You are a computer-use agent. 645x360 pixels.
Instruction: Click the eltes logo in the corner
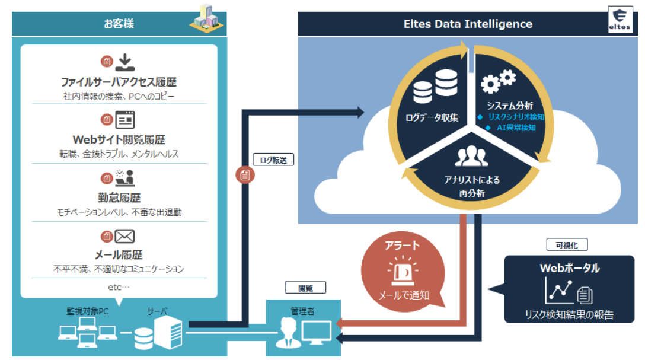pyautogui.click(x=620, y=20)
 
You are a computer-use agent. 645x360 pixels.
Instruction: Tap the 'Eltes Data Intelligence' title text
pyautogui.click(x=468, y=24)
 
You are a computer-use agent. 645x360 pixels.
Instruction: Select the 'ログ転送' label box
pyautogui.click(x=273, y=160)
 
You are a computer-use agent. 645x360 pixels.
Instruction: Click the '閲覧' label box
pyautogui.click(x=305, y=288)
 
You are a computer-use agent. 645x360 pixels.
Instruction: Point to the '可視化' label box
pyautogui.click(x=567, y=245)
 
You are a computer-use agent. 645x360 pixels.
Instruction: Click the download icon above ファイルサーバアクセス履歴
pyautogui.click(x=124, y=62)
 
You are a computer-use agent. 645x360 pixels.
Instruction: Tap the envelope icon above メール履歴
pyautogui.click(x=124, y=237)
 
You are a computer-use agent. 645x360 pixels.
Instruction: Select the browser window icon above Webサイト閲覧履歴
pyautogui.click(x=125, y=120)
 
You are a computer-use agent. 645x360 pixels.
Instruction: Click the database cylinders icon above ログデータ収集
pyautogui.click(x=435, y=87)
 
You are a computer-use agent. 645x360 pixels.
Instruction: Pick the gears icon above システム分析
pyautogui.click(x=498, y=81)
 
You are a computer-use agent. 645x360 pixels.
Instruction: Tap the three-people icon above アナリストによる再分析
pyautogui.click(x=472, y=156)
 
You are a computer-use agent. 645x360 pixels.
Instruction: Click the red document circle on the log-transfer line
pyautogui.click(x=245, y=175)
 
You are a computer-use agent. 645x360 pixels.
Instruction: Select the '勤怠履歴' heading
pyautogui.click(x=119, y=197)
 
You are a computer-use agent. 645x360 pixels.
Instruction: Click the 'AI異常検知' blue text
pyautogui.click(x=516, y=128)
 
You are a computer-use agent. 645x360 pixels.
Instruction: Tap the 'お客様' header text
pyautogui.click(x=119, y=24)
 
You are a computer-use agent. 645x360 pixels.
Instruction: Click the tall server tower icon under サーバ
pyautogui.click(x=168, y=332)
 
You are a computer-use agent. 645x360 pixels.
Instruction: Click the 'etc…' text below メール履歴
pyautogui.click(x=119, y=287)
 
